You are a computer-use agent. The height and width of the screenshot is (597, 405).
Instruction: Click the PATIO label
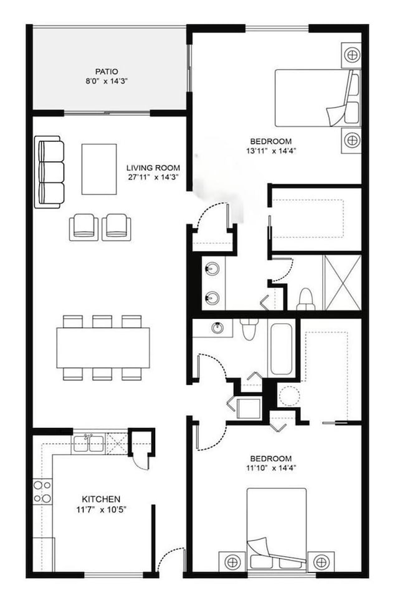coord(107,72)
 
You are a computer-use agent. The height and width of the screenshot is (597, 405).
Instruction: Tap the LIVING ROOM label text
coord(153,168)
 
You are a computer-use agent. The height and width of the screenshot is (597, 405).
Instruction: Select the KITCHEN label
coord(101,499)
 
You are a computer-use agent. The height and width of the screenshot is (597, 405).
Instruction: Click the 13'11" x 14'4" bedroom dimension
coord(270,150)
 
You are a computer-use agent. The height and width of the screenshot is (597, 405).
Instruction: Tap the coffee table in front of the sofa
coord(99,169)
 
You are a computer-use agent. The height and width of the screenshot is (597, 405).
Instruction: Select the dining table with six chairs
coord(103,347)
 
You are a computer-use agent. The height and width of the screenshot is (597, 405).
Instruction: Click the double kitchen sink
coord(88,444)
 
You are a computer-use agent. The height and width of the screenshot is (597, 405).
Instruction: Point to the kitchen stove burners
coord(42,491)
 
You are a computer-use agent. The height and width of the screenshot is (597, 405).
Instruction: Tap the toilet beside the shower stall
coord(305,298)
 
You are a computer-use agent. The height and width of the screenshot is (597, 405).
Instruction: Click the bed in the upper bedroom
coord(317,97)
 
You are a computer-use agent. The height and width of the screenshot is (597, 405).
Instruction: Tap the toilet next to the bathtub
coord(249,329)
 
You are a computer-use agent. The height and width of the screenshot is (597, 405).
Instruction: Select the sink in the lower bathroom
coord(218,327)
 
